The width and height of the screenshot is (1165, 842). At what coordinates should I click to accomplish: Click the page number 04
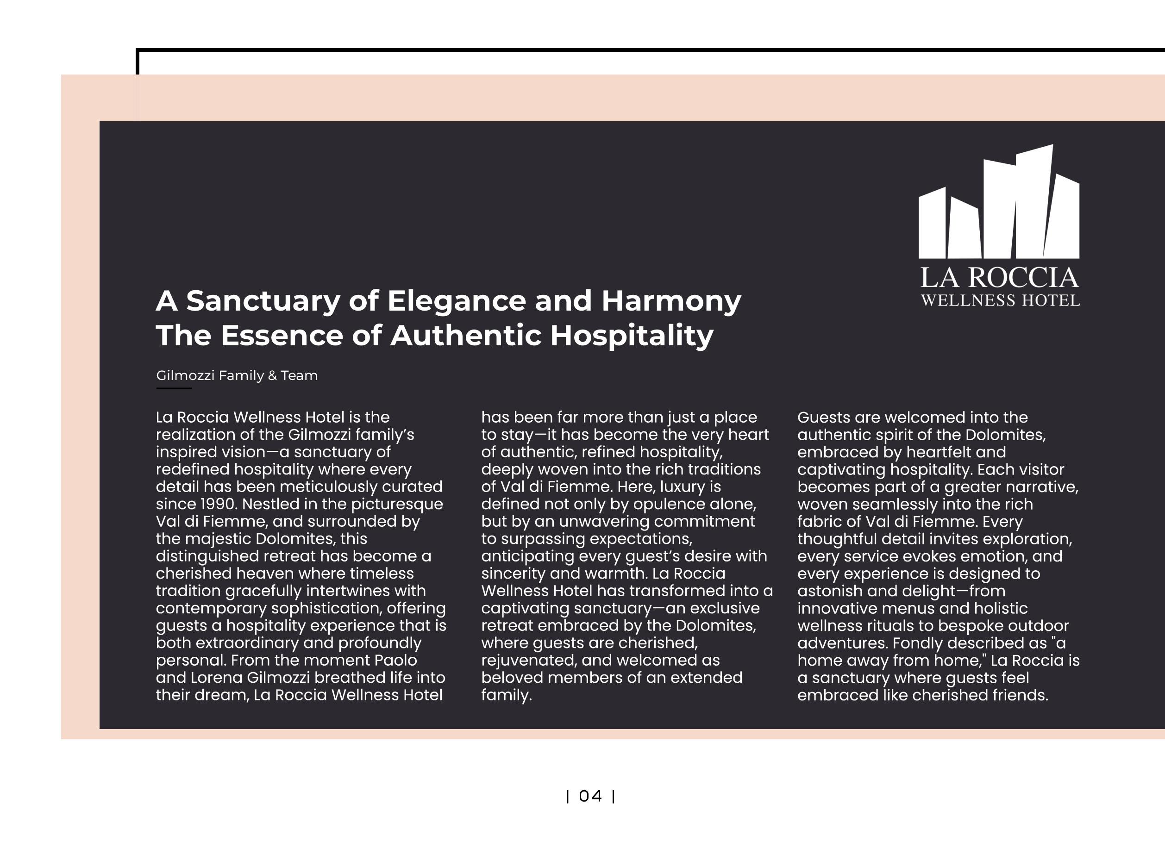pyautogui.click(x=590, y=796)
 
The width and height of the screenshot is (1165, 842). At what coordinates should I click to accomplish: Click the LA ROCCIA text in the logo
pyautogui.click(x=999, y=278)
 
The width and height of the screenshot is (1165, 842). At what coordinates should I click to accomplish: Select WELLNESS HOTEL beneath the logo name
pyautogui.click(x=1000, y=301)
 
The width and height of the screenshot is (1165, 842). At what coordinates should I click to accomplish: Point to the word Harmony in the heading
pyautogui.click(x=671, y=301)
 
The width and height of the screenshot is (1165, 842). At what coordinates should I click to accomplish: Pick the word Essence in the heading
pyautogui.click(x=282, y=336)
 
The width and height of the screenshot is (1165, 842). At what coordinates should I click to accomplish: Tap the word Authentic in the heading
pyautogui.click(x=465, y=336)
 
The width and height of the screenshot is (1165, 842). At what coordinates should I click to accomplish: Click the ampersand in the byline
pyautogui.click(x=272, y=376)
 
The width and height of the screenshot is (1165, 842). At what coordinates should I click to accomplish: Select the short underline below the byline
pyautogui.click(x=174, y=388)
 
